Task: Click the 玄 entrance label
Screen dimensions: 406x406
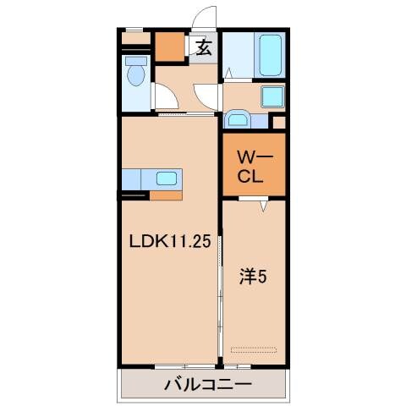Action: (x=204, y=48)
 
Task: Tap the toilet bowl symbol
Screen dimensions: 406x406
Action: (x=136, y=76)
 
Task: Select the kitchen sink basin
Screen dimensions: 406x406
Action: (x=167, y=178)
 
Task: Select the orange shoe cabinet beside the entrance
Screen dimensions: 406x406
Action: (x=169, y=48)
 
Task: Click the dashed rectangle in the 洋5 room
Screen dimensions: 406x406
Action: (x=255, y=348)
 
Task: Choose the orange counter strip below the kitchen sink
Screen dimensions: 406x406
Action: (x=166, y=194)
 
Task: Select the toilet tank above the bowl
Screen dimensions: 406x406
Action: (x=135, y=61)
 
